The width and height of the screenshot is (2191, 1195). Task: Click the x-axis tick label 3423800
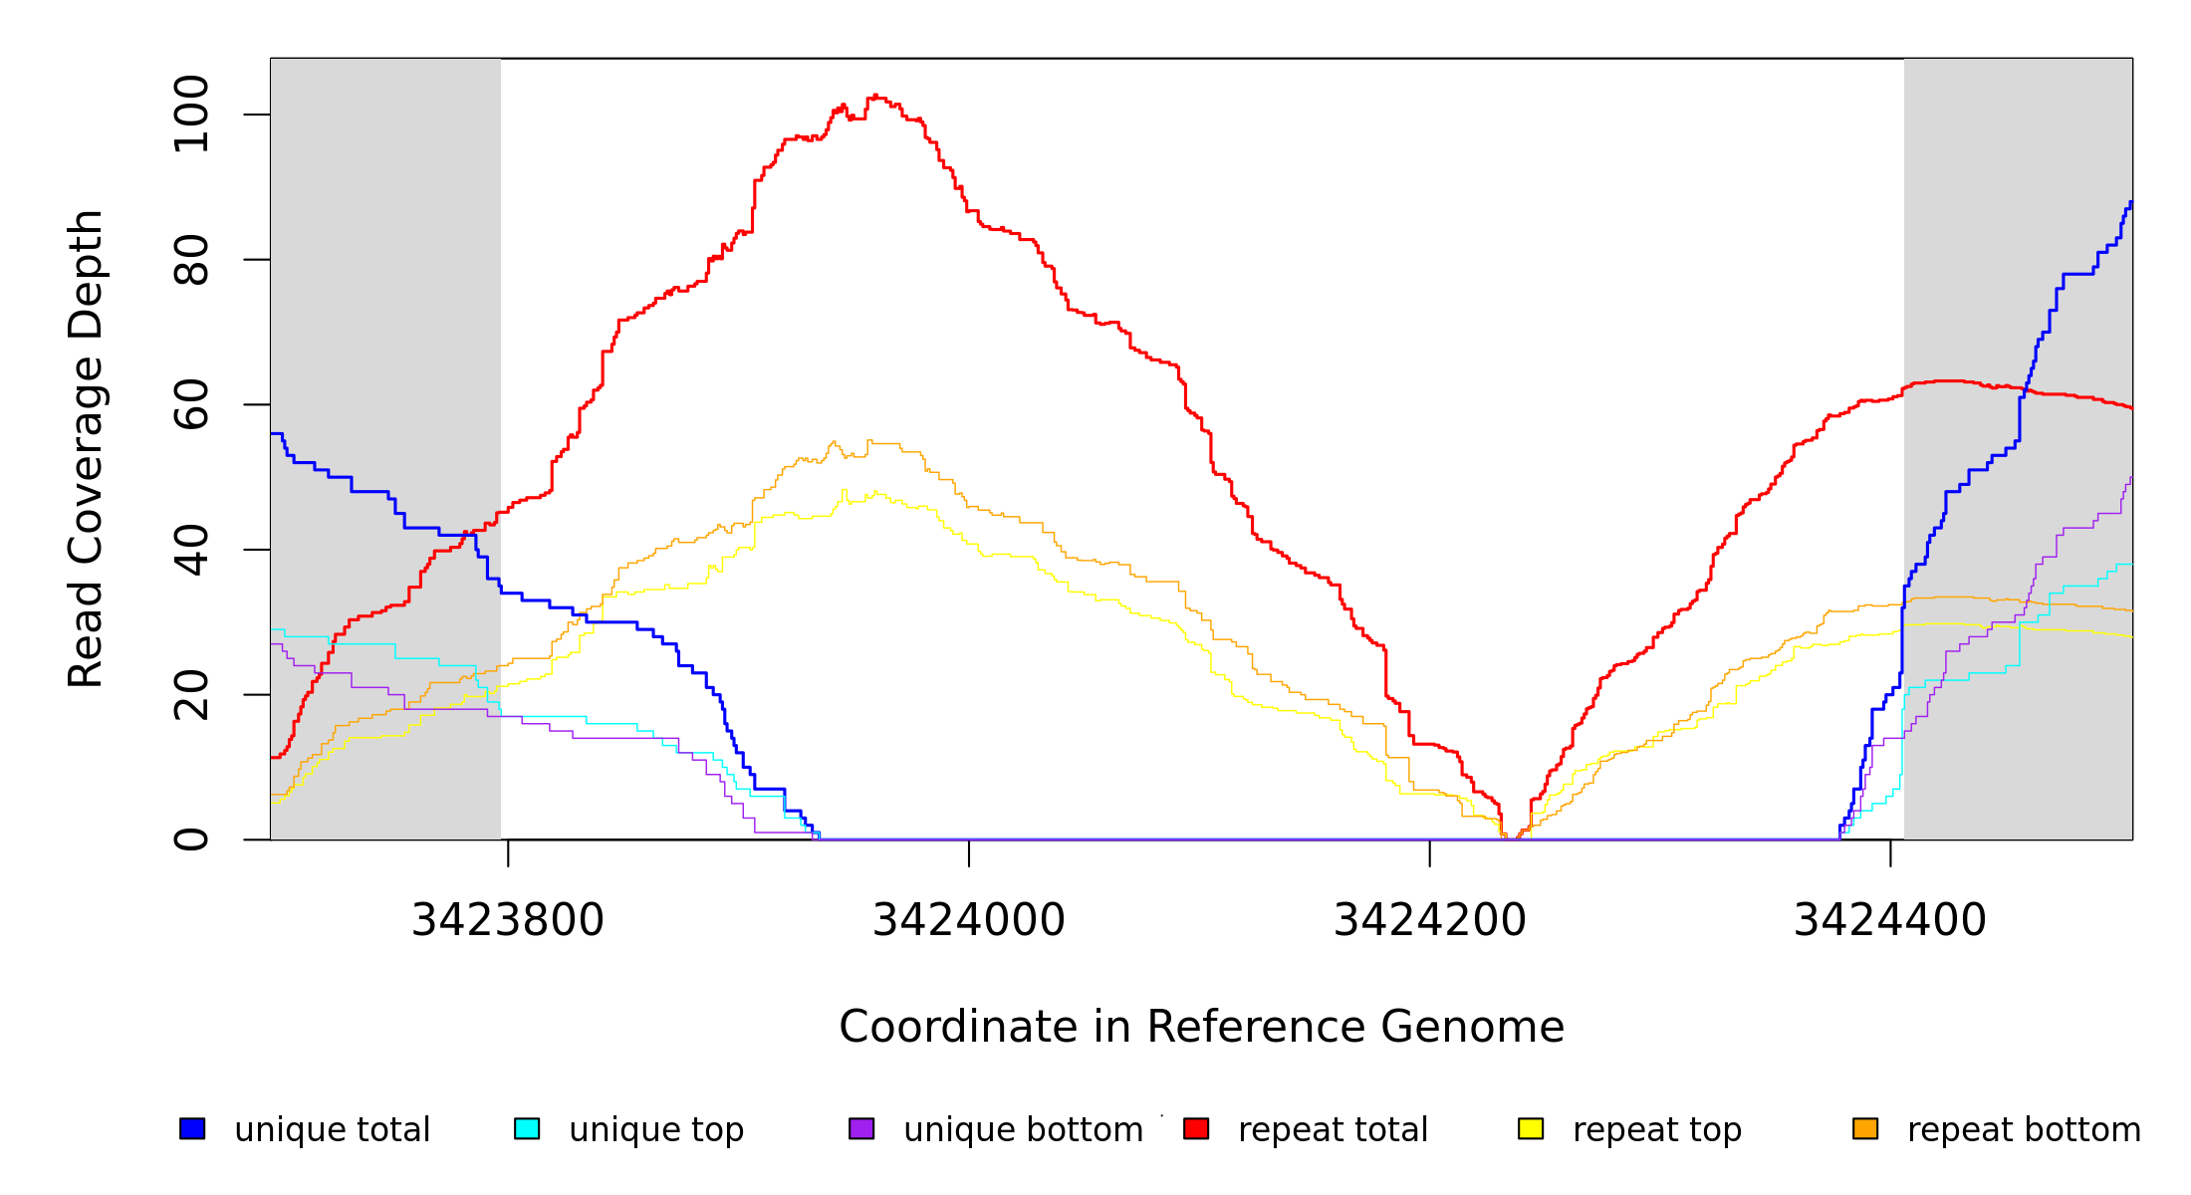[x=508, y=920]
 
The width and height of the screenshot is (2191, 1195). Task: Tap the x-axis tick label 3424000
[x=969, y=920]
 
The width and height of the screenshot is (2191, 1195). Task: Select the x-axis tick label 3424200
[x=1429, y=920]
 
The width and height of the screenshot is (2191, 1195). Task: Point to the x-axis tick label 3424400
[x=1890, y=920]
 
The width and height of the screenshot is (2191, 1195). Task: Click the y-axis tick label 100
[x=191, y=115]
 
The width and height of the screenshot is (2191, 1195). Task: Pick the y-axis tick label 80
[x=191, y=260]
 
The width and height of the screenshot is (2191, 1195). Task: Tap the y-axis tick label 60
[x=191, y=404]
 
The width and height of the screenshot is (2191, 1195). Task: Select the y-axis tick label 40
[x=191, y=550]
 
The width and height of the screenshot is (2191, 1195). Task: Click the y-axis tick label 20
[x=191, y=694]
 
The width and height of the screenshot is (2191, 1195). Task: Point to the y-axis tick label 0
[x=191, y=839]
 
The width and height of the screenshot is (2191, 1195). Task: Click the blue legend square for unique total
[x=192, y=1128]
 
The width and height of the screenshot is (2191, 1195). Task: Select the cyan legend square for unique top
[x=527, y=1128]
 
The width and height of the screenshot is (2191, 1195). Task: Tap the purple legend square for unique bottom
[x=861, y=1128]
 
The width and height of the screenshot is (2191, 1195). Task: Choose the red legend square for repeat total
[x=1196, y=1128]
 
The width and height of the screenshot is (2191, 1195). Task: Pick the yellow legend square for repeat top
[x=1531, y=1128]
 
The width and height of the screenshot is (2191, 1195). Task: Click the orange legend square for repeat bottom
[x=1865, y=1128]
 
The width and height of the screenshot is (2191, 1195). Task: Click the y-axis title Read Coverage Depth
[x=86, y=448]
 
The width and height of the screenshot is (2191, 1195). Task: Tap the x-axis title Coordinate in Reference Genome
[x=1201, y=1027]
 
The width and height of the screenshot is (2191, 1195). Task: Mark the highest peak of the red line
[x=875, y=96]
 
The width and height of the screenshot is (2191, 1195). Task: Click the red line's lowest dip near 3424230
[x=1508, y=837]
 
